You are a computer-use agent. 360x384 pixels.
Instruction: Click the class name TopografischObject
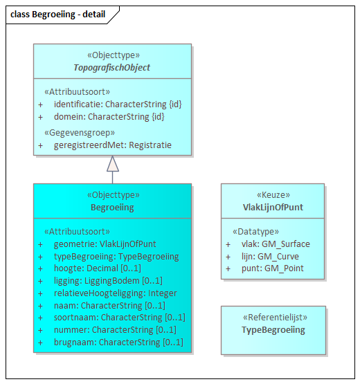[112, 68]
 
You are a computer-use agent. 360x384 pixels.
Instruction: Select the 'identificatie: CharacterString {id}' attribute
[118, 104]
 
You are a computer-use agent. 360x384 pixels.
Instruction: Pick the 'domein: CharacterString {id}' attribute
[109, 116]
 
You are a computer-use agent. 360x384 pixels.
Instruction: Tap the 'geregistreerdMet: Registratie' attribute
[112, 145]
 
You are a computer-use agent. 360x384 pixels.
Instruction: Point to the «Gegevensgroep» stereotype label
[80, 132]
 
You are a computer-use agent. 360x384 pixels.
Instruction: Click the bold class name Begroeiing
[112, 207]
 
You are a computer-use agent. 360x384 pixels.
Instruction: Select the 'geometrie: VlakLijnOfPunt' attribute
[105, 244]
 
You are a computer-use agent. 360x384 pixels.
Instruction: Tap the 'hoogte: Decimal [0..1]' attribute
[97, 268]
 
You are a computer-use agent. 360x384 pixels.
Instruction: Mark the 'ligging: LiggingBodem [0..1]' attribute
[108, 280]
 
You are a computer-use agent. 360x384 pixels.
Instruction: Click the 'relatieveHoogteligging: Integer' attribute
[115, 293]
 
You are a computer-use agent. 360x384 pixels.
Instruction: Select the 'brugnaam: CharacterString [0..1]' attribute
[118, 342]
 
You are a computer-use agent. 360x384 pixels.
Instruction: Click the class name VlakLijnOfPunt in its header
[272, 207]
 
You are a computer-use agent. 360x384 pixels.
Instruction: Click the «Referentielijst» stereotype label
[272, 318]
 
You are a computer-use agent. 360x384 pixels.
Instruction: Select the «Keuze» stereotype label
[272, 195]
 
